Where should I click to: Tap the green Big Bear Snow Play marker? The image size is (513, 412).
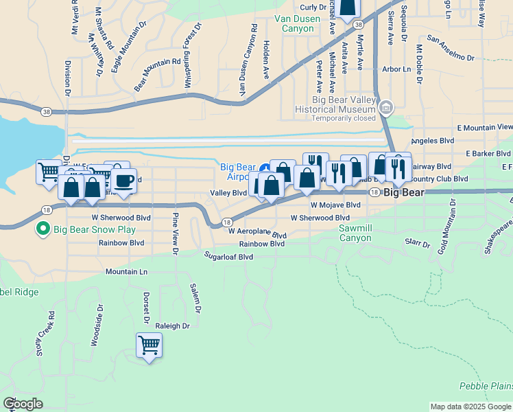(44, 229)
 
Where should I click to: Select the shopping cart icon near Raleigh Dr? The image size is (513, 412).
(149, 345)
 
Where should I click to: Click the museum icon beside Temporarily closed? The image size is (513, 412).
(386, 108)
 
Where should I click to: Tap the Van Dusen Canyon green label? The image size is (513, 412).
(297, 24)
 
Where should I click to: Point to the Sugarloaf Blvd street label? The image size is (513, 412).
(229, 257)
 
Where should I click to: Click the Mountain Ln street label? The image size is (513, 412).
(126, 272)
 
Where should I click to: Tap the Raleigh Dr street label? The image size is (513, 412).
(172, 326)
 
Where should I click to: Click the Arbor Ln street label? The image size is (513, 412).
(396, 69)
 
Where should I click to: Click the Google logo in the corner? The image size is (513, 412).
(23, 404)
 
